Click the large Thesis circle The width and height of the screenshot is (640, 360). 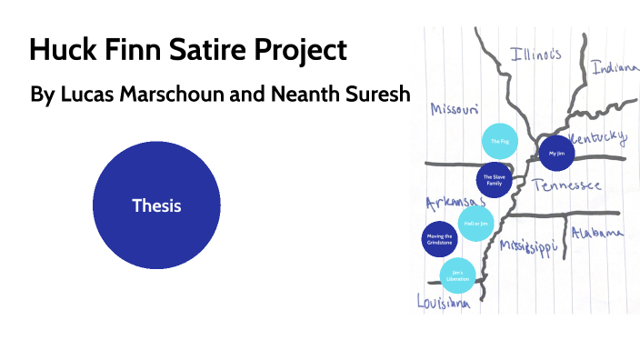(156, 205)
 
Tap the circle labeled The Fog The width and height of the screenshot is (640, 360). (499, 142)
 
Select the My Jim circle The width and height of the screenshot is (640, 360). (556, 154)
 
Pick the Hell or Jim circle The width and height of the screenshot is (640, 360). (475, 223)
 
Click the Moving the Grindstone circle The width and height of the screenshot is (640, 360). (440, 240)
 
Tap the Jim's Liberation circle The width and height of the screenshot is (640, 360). (457, 275)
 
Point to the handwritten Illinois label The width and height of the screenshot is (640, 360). (535, 54)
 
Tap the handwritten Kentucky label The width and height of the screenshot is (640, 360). (597, 138)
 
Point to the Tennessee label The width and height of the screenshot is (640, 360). (567, 185)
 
